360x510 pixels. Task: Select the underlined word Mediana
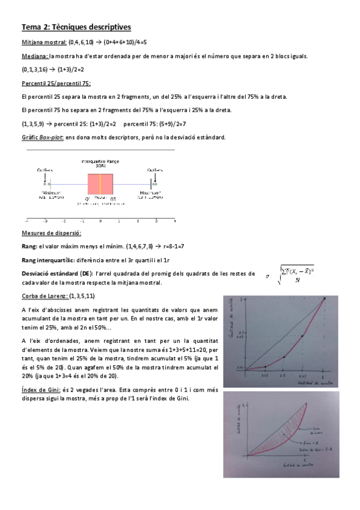click(34, 56)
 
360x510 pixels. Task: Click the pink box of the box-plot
click(100, 183)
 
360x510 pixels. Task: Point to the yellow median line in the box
click(100, 183)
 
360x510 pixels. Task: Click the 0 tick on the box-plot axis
click(100, 221)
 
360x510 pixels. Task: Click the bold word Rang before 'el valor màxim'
click(29, 246)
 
